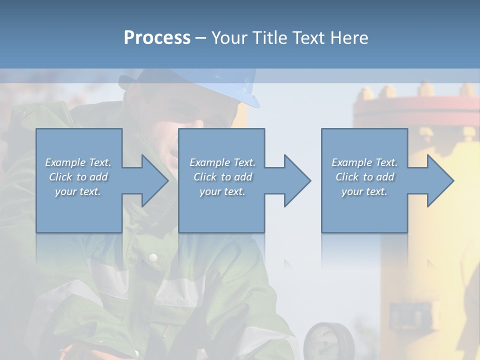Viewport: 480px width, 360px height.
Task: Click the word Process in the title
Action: [x=157, y=37]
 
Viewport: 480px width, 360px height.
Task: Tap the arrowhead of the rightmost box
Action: [x=439, y=180]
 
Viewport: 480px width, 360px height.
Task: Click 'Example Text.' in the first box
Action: [x=78, y=162]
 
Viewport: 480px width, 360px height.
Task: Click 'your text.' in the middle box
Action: [x=222, y=191]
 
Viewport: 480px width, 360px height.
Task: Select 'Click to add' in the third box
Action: [x=364, y=177]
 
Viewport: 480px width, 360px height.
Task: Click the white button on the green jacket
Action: [x=153, y=257]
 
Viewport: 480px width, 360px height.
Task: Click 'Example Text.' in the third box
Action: [x=364, y=162]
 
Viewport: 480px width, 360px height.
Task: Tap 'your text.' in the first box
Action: [x=78, y=191]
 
